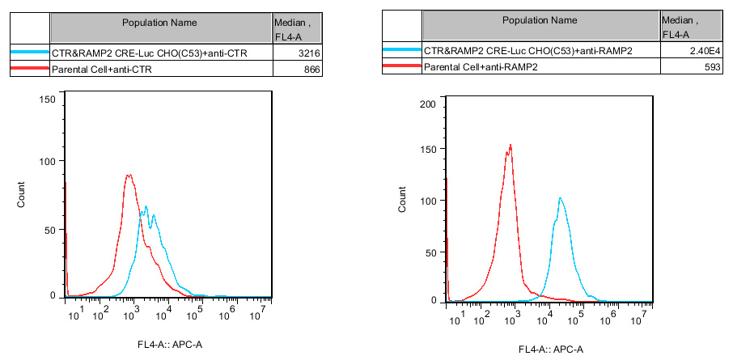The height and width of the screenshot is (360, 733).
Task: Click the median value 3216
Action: [310, 53]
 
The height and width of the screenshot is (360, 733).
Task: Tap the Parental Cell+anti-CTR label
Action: [101, 70]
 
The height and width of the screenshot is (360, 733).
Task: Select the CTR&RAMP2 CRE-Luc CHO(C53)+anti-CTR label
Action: [148, 53]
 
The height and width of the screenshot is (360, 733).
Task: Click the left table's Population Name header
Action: [159, 23]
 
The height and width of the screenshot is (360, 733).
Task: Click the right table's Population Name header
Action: [540, 20]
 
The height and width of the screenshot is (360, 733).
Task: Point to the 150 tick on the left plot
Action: [47, 99]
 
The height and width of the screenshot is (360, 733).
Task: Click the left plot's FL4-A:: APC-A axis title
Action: [170, 345]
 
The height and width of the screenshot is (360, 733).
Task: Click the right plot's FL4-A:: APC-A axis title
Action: [552, 350]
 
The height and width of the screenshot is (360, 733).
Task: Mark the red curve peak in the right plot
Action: [511, 146]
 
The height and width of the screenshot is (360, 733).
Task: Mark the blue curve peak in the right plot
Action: [559, 198]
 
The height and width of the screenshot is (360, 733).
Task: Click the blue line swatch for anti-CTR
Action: [29, 53]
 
